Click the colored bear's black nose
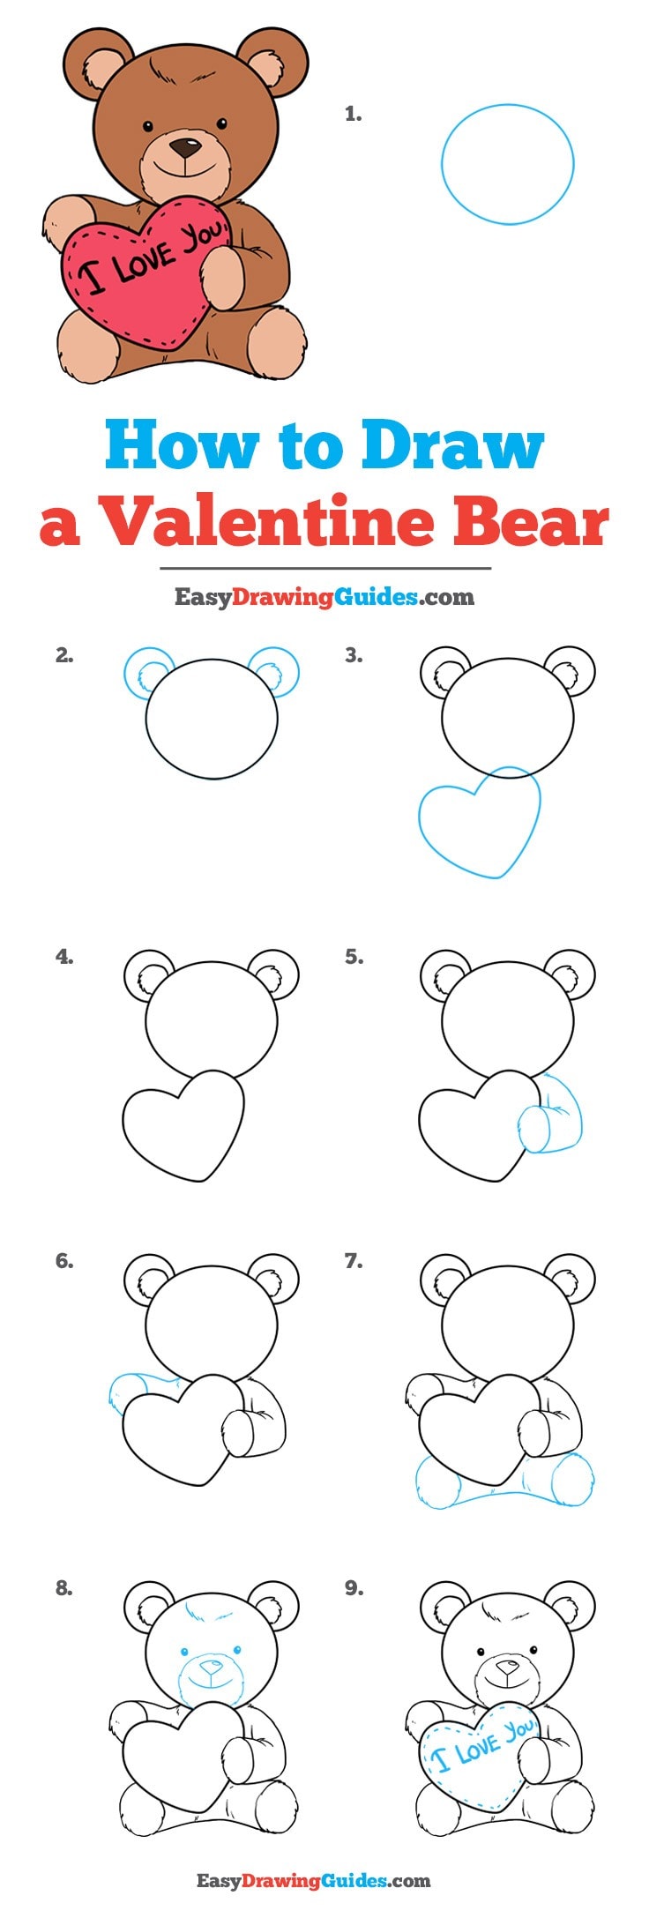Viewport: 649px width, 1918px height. coord(184,146)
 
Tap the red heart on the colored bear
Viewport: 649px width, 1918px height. coord(145,273)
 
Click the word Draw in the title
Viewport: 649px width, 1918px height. coord(452,446)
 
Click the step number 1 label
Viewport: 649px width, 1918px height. coord(353,114)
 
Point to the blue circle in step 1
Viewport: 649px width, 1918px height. coord(507,164)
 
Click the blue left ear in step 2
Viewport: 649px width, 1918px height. coord(145,673)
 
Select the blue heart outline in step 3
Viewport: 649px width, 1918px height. coord(479,823)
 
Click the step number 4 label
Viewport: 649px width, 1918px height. coord(63,956)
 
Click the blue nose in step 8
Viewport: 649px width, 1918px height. coord(210,1668)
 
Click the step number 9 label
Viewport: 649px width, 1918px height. coord(354,1587)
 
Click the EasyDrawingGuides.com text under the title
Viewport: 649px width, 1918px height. coord(324,597)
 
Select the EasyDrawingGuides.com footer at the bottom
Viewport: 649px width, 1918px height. coord(313,1881)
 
